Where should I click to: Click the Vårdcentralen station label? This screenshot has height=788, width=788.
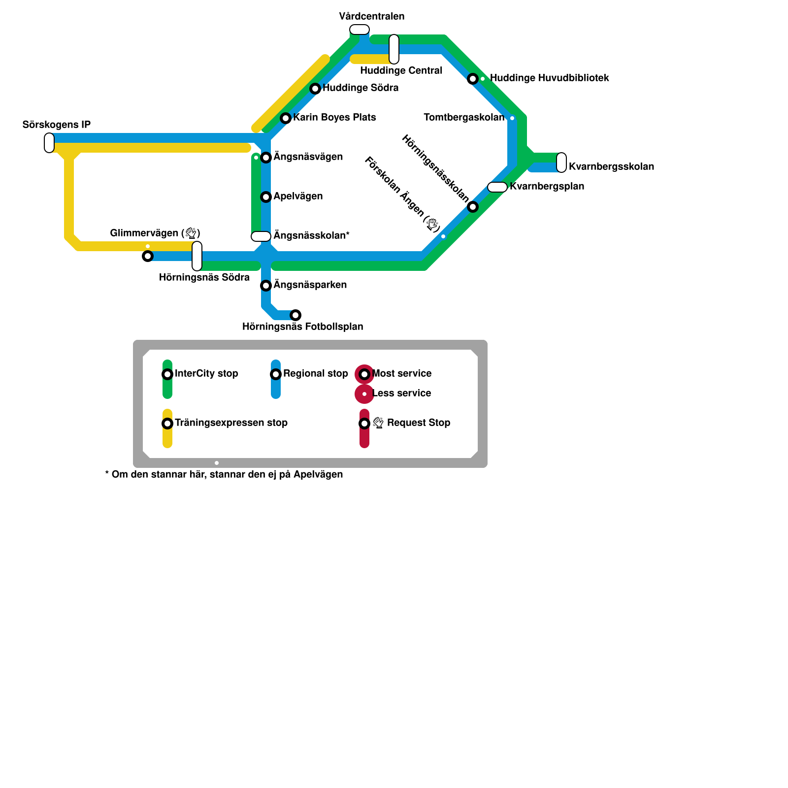tap(372, 17)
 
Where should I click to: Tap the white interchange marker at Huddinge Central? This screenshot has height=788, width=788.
tap(394, 49)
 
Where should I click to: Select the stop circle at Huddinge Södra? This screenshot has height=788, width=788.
tap(315, 89)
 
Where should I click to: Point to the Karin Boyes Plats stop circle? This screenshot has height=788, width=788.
tap(286, 118)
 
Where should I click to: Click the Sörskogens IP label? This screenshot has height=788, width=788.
tap(57, 125)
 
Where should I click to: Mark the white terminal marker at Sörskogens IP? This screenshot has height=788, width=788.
tap(49, 143)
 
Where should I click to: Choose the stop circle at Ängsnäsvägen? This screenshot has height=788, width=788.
tap(266, 158)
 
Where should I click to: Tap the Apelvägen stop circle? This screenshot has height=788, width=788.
tap(266, 197)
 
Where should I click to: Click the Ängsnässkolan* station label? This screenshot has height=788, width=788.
tap(311, 236)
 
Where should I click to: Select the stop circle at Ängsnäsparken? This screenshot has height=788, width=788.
tap(266, 286)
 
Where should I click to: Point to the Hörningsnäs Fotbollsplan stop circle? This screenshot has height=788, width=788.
tap(295, 315)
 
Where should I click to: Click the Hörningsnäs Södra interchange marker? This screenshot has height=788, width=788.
tap(197, 256)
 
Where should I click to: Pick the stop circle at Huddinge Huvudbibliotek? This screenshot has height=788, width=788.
tap(473, 79)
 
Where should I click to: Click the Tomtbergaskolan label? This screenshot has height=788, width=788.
tap(464, 118)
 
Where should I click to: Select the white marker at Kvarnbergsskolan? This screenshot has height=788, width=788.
tap(561, 163)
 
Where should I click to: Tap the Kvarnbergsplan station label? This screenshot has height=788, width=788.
tap(547, 187)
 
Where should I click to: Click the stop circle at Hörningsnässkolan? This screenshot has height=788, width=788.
tap(473, 207)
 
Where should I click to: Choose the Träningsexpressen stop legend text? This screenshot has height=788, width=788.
tap(231, 423)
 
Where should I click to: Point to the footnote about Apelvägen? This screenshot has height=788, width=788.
tap(224, 475)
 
